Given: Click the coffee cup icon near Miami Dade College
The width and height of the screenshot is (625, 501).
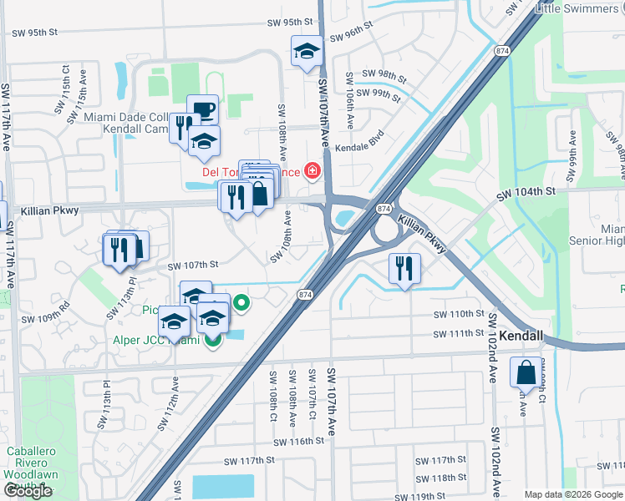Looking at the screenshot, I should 202,110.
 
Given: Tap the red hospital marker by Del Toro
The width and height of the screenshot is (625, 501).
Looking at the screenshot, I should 312,172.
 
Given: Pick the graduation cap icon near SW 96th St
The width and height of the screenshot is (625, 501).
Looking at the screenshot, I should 306,51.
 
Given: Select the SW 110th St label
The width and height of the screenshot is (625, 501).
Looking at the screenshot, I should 459,315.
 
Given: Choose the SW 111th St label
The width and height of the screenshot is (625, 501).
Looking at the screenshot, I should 459,334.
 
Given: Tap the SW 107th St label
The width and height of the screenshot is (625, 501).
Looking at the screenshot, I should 192,265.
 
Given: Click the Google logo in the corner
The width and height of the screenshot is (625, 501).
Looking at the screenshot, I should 28,491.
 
